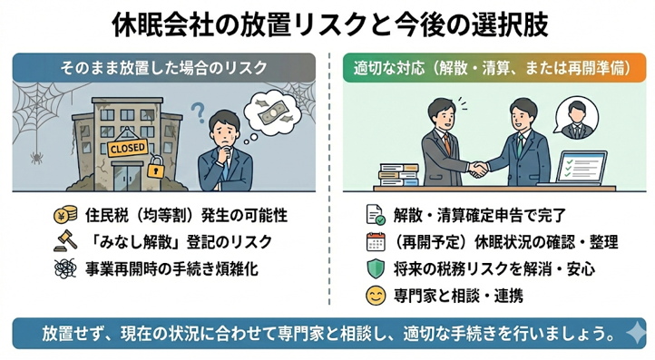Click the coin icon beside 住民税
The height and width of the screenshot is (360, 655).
[63, 218]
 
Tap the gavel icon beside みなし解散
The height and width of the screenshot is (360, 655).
[63, 243]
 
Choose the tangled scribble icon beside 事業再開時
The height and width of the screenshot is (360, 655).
[63, 268]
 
